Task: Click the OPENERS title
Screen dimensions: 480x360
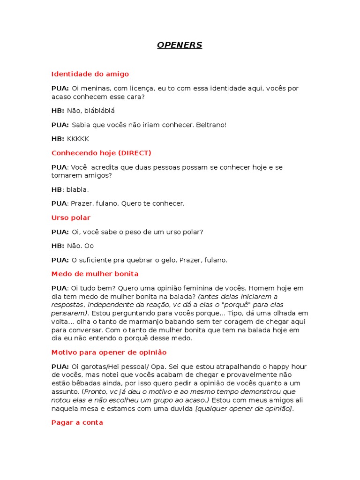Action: (180, 45)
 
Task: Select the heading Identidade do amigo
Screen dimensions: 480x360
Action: (90, 74)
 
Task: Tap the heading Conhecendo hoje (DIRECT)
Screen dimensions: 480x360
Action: (101, 153)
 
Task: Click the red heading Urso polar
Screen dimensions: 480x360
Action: (71, 218)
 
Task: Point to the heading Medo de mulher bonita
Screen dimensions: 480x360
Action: (95, 274)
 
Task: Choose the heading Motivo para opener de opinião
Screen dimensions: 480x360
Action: (109, 352)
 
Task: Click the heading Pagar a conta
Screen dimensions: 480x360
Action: (77, 423)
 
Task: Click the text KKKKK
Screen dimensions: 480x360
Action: (78, 139)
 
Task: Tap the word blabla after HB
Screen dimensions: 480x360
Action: (77, 190)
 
